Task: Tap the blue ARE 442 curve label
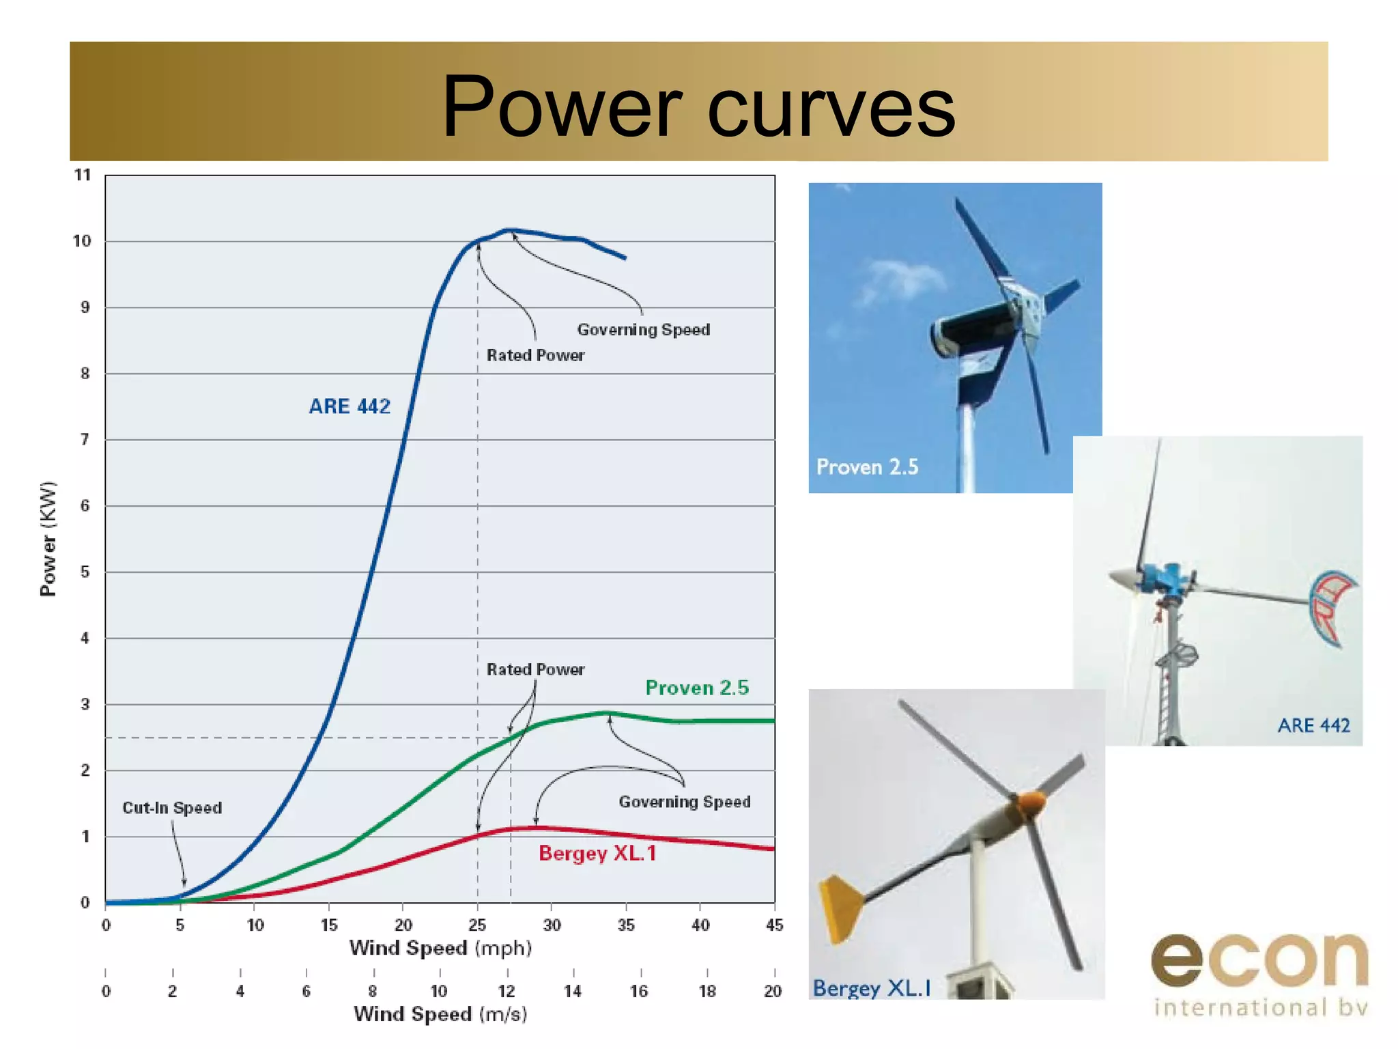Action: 349,406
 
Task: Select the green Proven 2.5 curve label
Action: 697,688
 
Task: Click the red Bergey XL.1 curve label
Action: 597,853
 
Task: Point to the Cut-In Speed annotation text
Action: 172,808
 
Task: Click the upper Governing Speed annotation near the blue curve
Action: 644,330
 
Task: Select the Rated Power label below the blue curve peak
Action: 535,355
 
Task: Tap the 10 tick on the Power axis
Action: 82,241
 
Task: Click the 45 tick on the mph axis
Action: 774,925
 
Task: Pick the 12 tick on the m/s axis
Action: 507,991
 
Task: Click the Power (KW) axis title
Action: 48,539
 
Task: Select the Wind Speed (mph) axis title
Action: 440,948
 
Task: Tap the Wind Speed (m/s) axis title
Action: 440,1014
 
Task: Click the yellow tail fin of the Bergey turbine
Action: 840,908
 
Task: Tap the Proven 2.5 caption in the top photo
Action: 867,467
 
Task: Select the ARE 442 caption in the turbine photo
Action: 1313,725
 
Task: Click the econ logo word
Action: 1259,960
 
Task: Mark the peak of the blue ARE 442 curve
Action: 509,230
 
